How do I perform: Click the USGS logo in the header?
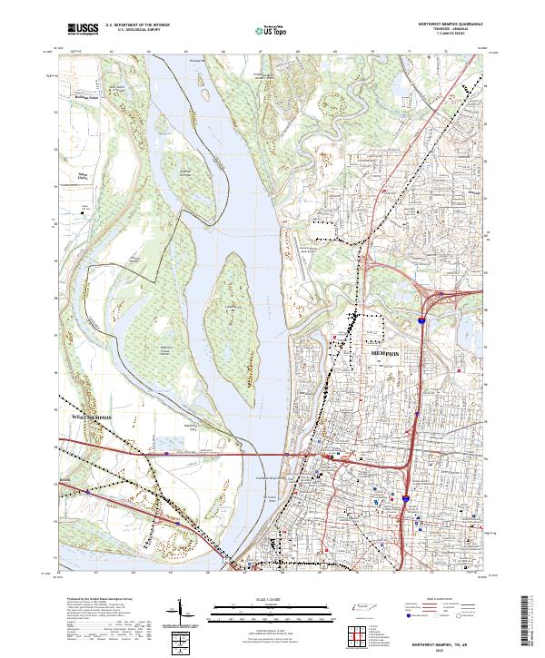(84, 29)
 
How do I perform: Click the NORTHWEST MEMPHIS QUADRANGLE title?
(451, 25)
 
